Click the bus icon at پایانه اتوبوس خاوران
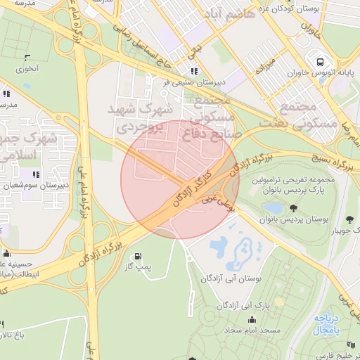point(320,61)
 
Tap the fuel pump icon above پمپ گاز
point(137,256)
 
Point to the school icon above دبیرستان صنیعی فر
point(194,71)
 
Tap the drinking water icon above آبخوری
point(27,58)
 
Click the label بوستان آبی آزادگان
point(231,279)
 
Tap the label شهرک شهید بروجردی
point(139,119)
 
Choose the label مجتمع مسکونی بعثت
point(308,114)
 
